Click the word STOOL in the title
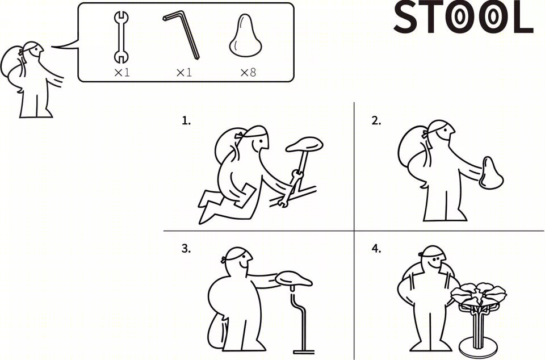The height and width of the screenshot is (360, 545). (463, 18)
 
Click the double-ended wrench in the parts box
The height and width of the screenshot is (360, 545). (121, 37)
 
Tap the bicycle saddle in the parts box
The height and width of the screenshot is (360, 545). (245, 35)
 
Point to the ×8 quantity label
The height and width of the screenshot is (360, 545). (248, 72)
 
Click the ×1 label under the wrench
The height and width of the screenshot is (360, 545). (121, 72)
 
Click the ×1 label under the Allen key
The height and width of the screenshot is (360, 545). (184, 72)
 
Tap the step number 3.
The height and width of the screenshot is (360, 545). (186, 249)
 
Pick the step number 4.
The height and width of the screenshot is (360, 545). (376, 249)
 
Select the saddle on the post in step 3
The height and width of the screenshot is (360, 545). (294, 279)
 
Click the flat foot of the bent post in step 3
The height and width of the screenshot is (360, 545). (304, 353)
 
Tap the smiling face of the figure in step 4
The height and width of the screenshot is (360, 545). (435, 260)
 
